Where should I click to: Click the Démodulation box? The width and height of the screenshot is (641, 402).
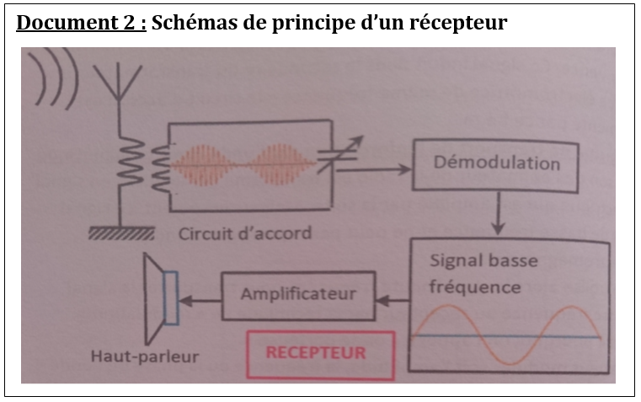[x=496, y=163]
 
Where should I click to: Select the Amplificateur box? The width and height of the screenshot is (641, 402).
[x=298, y=294]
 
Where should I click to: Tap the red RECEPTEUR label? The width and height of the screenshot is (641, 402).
[x=317, y=352]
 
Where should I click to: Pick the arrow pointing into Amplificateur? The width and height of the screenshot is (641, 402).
[x=393, y=297]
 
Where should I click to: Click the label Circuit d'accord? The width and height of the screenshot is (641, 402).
[x=244, y=233]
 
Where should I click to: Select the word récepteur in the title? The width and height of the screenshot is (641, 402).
[x=461, y=23]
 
